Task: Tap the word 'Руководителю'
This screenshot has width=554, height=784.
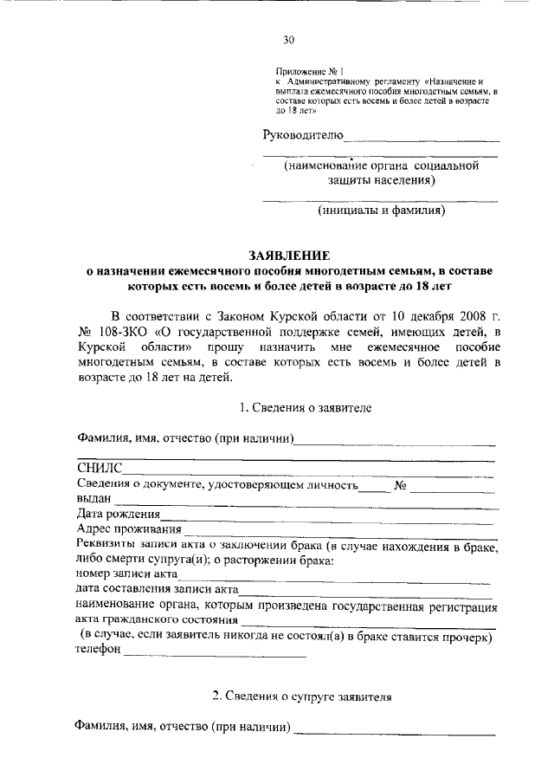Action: [x=303, y=134]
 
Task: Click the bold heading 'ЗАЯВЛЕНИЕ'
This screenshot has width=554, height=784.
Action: [x=289, y=255]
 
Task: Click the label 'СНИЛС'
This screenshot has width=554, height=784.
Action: [x=100, y=469]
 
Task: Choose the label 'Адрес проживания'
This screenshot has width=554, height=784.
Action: [x=129, y=529]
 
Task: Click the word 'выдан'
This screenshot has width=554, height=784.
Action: [x=93, y=499]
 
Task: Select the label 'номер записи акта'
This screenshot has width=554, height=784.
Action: [x=126, y=573]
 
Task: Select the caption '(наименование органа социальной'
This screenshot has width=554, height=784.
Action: [x=381, y=165]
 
